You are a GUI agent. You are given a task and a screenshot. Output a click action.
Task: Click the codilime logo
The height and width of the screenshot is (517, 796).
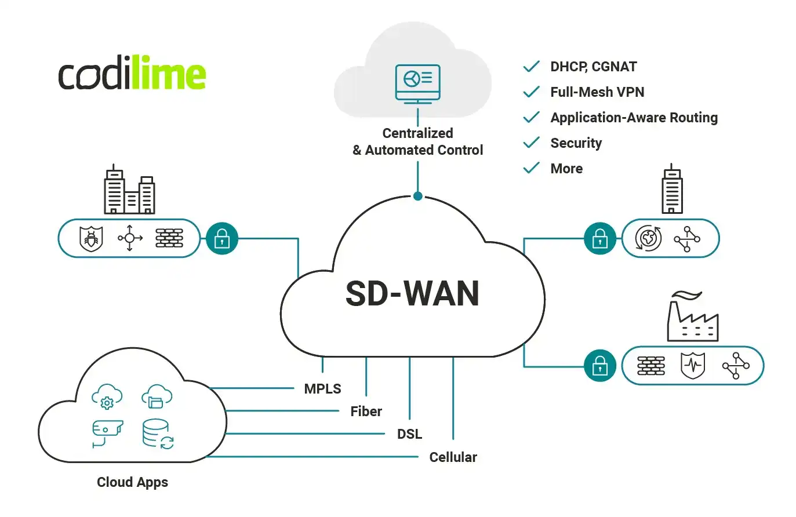coord(132,74)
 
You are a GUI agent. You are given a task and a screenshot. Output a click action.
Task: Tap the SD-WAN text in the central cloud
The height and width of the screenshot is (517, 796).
coord(412,293)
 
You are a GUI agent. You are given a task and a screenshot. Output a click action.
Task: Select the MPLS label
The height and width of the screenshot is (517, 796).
coord(322,389)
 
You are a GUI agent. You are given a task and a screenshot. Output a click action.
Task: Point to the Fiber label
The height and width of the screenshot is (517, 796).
coord(366,412)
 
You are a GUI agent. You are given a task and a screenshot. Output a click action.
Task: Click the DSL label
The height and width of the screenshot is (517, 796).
coord(409,434)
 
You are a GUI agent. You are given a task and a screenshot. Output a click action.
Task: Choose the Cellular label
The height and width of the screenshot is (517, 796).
coord(453,457)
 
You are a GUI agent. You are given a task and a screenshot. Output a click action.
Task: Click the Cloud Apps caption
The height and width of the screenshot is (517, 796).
coord(132,482)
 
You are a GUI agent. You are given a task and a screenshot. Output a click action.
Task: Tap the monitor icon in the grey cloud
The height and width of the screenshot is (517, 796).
coord(417,82)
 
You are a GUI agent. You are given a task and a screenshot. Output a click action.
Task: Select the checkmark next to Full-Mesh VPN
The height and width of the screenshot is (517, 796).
coord(531,92)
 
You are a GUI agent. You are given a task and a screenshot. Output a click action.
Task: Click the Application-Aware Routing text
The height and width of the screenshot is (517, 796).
coord(634,118)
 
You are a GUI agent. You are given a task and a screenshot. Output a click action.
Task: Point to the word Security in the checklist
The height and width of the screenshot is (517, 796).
coord(576,143)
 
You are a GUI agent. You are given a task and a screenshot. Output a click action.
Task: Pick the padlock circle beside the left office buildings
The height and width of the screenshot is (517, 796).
coord(222,238)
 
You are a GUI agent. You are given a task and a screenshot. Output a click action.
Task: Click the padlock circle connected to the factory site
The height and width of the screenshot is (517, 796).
coord(599,366)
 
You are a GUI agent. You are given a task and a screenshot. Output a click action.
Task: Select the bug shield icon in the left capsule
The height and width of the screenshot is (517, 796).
coord(91,238)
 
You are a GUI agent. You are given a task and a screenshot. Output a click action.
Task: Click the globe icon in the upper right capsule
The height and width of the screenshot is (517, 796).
coord(648,238)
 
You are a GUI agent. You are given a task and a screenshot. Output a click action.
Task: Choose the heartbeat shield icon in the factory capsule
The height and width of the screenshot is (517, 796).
coord(693,366)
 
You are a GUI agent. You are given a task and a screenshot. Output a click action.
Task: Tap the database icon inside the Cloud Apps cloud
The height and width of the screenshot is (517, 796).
coord(157,434)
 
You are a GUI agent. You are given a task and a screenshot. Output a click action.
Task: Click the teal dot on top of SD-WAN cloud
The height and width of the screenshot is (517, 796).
coord(417,196)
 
